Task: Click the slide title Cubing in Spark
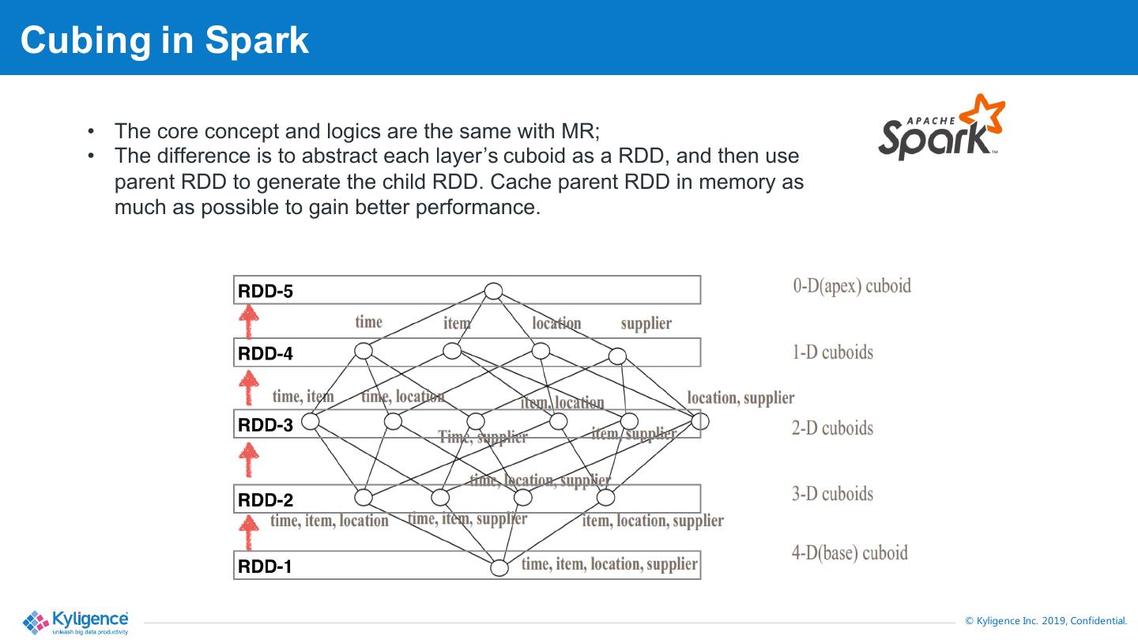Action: (x=164, y=40)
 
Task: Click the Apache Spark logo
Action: (x=940, y=128)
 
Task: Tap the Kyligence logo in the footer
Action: (x=76, y=622)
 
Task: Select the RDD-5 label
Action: (x=266, y=292)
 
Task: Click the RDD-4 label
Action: (x=266, y=354)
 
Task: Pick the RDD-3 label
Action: (x=266, y=425)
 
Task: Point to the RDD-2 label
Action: (x=266, y=500)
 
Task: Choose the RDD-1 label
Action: (x=266, y=567)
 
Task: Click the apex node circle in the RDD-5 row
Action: (x=493, y=291)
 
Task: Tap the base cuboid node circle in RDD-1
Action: (x=499, y=567)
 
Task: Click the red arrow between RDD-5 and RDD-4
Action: (x=249, y=322)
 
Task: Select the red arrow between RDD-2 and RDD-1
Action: (x=249, y=532)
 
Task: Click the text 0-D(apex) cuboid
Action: (x=852, y=286)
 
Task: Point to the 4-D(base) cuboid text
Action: (x=850, y=552)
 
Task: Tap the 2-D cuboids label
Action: (x=832, y=428)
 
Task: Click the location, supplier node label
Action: (x=740, y=397)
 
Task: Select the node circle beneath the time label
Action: (x=364, y=351)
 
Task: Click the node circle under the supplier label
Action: (x=617, y=356)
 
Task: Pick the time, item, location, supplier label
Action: (x=609, y=564)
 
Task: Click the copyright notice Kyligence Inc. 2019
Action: (x=1046, y=621)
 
